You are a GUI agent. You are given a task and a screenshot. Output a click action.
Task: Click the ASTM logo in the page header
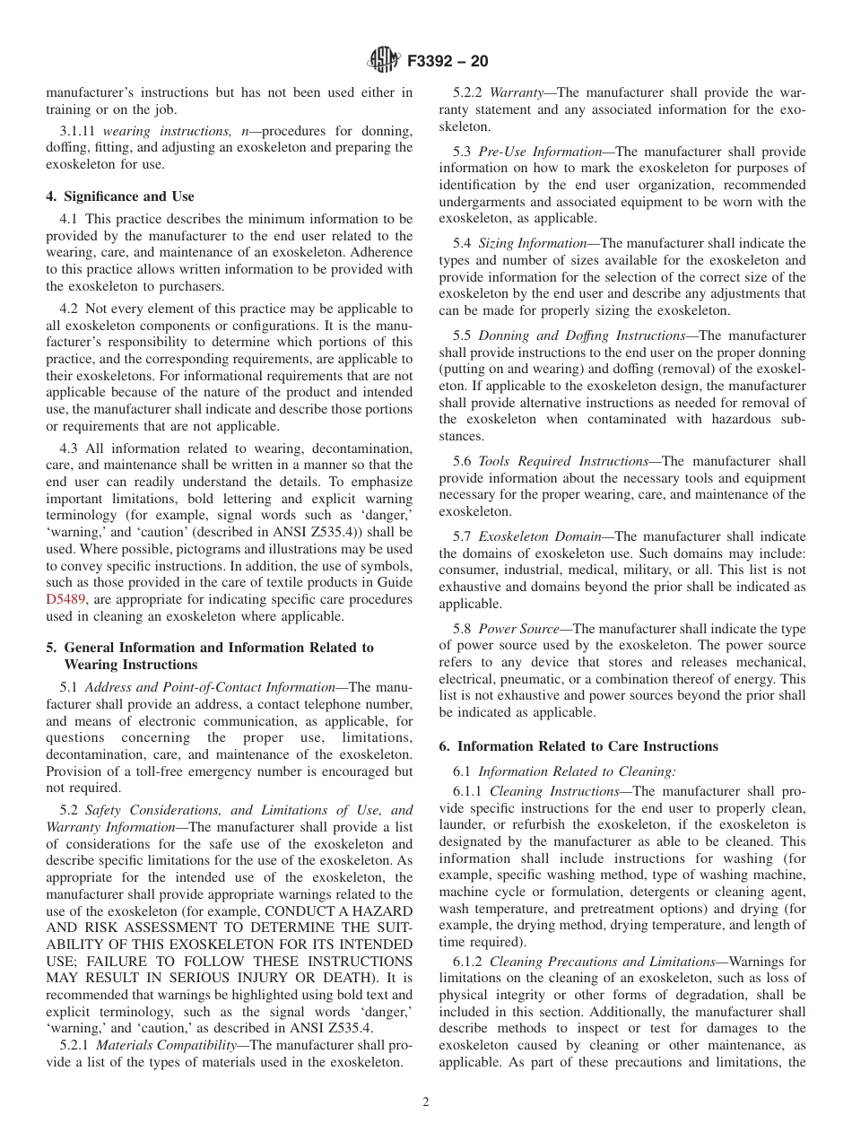click(x=383, y=61)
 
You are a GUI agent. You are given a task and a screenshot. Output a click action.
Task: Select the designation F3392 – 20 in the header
click(x=448, y=62)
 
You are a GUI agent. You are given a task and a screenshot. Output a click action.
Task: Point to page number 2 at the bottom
click(x=426, y=1102)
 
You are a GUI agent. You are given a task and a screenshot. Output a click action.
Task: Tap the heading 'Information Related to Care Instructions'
click(x=587, y=746)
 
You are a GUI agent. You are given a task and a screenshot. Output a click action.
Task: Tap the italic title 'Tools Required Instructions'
click(x=563, y=461)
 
